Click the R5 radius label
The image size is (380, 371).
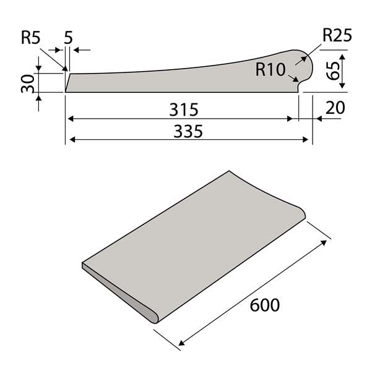30,38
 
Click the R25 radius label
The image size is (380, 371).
337,35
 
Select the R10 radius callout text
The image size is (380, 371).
270,69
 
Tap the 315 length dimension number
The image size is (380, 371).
184,109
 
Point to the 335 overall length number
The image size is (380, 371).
188,132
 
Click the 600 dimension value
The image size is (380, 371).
265,305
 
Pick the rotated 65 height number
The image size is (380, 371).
333,71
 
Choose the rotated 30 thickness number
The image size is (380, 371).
27,84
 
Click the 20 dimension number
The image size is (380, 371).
335,108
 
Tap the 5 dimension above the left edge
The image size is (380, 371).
68,38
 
